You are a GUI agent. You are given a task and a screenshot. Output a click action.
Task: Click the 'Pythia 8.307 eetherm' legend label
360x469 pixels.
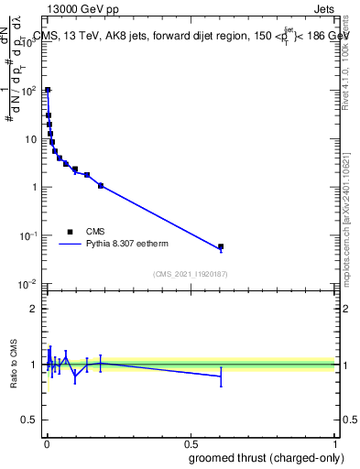click(128, 245)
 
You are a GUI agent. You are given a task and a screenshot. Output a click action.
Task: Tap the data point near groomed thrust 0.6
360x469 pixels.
click(221, 247)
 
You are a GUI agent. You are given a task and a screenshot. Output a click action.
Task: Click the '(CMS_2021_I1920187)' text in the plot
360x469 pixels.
click(190, 273)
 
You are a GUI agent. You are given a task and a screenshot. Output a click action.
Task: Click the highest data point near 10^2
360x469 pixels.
click(48, 91)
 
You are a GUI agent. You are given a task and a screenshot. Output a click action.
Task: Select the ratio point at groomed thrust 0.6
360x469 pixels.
click(221, 376)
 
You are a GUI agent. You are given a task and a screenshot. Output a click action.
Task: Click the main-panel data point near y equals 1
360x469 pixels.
click(101, 186)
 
